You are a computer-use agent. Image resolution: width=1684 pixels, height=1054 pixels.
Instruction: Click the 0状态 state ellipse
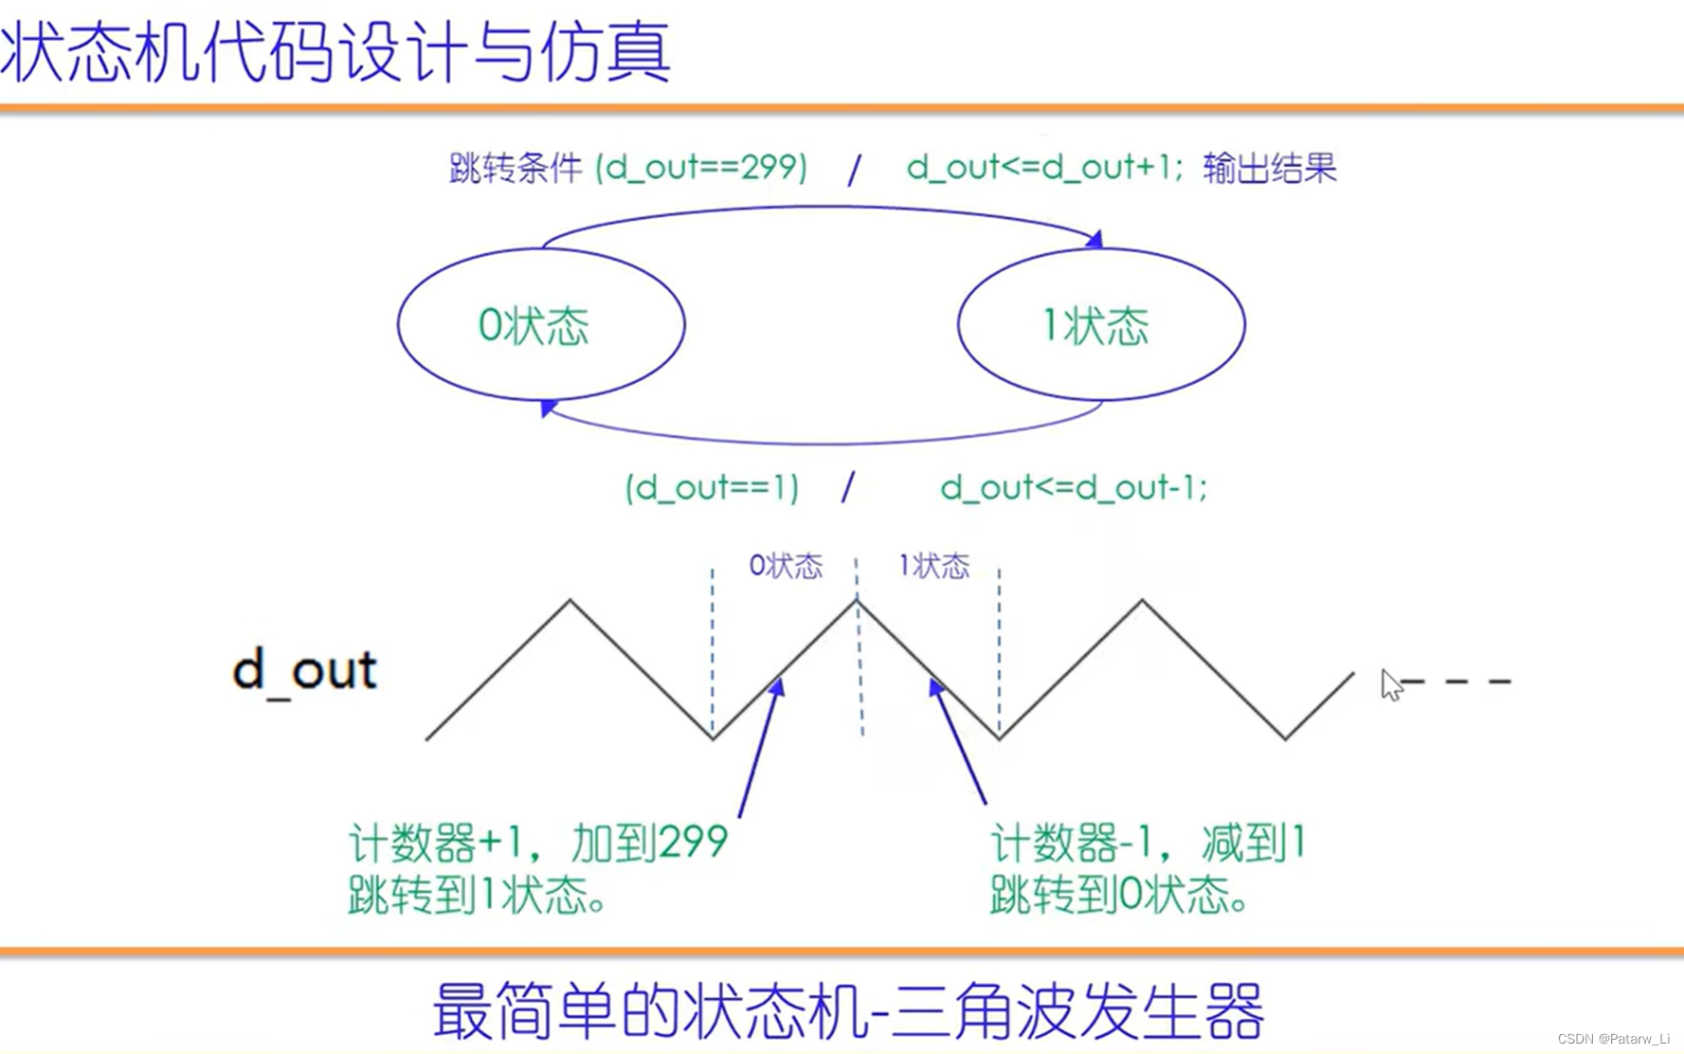[540, 325]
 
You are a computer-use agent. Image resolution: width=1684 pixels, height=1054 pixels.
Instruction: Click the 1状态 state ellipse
[1100, 325]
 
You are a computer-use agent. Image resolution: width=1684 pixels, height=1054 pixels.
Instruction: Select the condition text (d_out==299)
[701, 168]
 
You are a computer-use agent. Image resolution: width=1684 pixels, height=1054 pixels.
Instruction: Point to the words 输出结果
[1269, 169]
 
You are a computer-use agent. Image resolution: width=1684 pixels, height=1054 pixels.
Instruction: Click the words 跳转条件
[515, 169]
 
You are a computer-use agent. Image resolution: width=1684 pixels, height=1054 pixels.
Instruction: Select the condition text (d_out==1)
[712, 488]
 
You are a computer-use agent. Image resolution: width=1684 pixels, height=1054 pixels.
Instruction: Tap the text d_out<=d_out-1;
[1074, 488]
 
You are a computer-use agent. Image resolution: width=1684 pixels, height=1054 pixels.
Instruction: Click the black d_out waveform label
[304, 670]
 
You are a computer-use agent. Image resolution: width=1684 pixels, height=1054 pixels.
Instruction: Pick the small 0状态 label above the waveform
[786, 566]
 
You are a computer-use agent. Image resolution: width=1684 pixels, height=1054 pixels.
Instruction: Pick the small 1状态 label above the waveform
[933, 566]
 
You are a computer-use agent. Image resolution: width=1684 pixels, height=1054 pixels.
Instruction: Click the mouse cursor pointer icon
[1390, 684]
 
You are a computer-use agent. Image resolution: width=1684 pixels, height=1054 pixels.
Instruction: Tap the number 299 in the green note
[692, 842]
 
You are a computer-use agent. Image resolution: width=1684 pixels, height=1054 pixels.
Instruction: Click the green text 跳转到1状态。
[478, 894]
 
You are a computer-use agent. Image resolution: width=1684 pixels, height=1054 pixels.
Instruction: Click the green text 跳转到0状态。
[1118, 894]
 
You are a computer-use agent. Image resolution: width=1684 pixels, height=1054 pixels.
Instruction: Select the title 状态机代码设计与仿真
[335, 52]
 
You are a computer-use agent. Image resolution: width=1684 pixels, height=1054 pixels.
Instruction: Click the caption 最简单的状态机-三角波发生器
[848, 1010]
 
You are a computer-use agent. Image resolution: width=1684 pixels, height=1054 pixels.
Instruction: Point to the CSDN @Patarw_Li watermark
[1613, 1039]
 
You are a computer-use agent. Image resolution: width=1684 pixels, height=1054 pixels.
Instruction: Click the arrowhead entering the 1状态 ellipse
[1096, 239]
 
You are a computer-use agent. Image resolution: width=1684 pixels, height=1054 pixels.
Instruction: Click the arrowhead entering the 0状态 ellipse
[547, 408]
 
